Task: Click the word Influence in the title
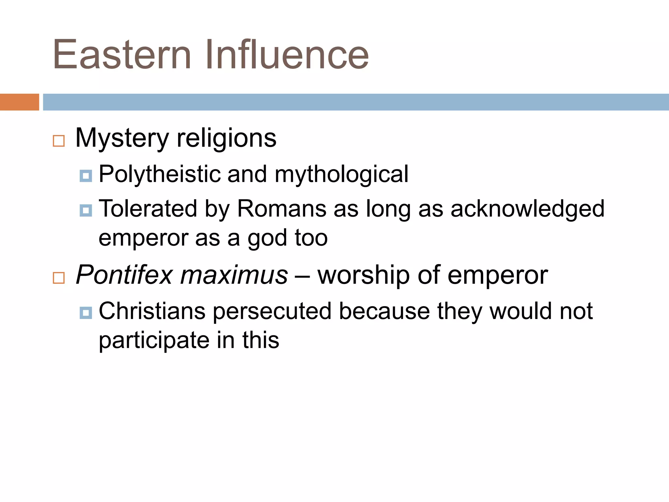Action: (x=287, y=55)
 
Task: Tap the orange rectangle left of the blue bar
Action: (x=19, y=102)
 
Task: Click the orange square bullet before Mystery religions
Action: (x=59, y=141)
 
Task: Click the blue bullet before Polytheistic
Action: (x=86, y=176)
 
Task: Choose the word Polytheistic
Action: (x=159, y=174)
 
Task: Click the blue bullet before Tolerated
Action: (x=86, y=210)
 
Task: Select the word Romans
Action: (x=282, y=209)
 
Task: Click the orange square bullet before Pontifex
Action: (x=59, y=278)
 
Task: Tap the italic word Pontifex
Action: (x=124, y=275)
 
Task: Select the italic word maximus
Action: (x=234, y=275)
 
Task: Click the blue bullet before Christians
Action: (x=86, y=313)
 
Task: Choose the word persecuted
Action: (x=272, y=311)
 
